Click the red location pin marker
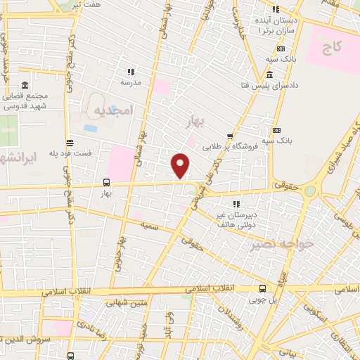click(181, 166)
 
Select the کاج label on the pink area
click(331, 49)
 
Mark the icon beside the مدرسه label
click(131, 72)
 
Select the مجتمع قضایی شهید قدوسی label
click(25, 102)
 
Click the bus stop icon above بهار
click(106, 181)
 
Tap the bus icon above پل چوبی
click(263, 288)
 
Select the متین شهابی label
click(124, 304)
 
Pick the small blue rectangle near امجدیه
click(90, 129)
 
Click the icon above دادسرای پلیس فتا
click(271, 75)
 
